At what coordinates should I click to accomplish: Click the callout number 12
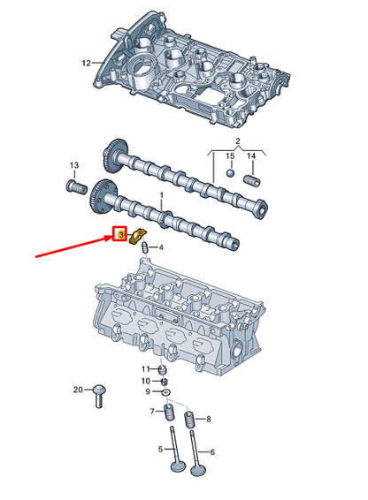[x=86, y=63]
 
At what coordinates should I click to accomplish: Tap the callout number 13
[x=74, y=166]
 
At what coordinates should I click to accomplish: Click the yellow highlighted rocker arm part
[x=137, y=238]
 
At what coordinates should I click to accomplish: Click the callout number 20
[x=78, y=390]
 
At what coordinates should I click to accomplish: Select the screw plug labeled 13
[x=74, y=187]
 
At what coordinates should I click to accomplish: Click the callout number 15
[x=229, y=156]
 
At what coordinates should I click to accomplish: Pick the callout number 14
[x=252, y=156]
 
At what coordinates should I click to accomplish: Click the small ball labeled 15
[x=228, y=174]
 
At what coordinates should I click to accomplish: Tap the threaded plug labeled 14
[x=249, y=182]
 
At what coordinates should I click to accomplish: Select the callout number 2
[x=237, y=141]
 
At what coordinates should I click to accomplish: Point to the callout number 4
[x=160, y=248]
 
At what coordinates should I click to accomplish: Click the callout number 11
[x=147, y=367]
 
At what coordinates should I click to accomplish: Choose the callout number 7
[x=151, y=411]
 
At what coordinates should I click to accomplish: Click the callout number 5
[x=160, y=449]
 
